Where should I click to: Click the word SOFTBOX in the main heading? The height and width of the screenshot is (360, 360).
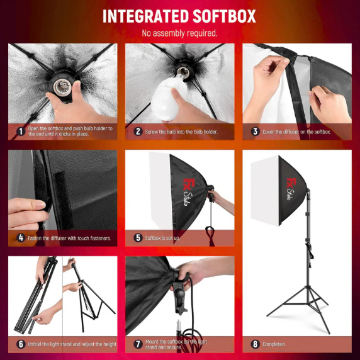(224, 16)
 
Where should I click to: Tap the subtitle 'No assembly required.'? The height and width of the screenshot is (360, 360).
(179, 33)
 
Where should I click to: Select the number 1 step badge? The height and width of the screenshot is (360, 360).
(21, 132)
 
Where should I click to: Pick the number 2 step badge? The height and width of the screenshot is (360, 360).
(138, 132)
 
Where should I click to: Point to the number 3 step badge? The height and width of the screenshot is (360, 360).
(255, 132)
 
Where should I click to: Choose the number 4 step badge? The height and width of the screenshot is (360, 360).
(21, 238)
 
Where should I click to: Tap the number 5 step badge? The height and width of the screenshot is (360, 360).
(138, 238)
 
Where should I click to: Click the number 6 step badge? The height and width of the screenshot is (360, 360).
(21, 344)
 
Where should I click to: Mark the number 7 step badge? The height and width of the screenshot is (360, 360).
(138, 344)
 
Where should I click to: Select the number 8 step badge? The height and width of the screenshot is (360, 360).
(255, 344)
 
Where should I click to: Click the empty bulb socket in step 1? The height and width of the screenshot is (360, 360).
(62, 87)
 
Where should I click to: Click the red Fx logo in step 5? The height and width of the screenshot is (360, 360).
(189, 184)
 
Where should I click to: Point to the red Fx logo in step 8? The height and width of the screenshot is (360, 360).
(291, 184)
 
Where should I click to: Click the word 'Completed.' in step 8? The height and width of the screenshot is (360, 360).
(274, 344)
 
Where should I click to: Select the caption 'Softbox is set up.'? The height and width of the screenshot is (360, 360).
(162, 238)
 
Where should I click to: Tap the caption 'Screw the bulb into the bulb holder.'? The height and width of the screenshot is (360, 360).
(181, 132)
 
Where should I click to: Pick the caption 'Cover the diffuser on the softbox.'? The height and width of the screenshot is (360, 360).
(296, 132)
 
